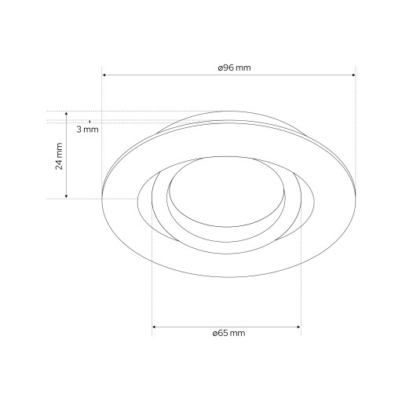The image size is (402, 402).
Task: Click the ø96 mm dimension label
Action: coord(234,68)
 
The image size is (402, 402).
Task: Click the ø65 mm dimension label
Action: coord(228,333)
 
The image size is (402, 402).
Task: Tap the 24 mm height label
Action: coord(59,156)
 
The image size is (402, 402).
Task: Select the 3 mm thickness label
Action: coord(88,130)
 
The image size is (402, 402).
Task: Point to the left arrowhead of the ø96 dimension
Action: coord(104,75)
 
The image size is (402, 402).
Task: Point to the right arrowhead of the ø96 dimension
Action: coord(354,75)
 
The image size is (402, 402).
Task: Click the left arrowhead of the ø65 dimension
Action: coord(154,327)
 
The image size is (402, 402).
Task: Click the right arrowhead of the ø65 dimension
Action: coord(299,327)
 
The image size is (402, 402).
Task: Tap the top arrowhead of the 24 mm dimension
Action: coord(66,113)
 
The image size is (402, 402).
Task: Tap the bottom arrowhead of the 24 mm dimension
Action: coord(66,196)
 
